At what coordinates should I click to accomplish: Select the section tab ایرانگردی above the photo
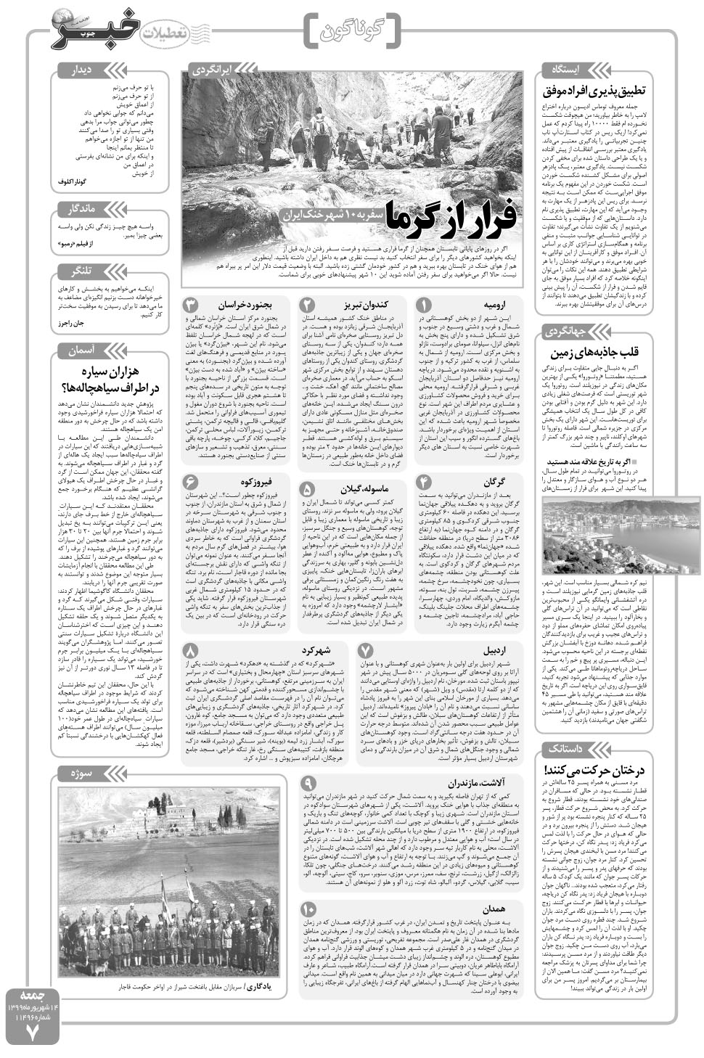(210, 70)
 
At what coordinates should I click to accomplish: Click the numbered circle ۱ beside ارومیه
(425, 305)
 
